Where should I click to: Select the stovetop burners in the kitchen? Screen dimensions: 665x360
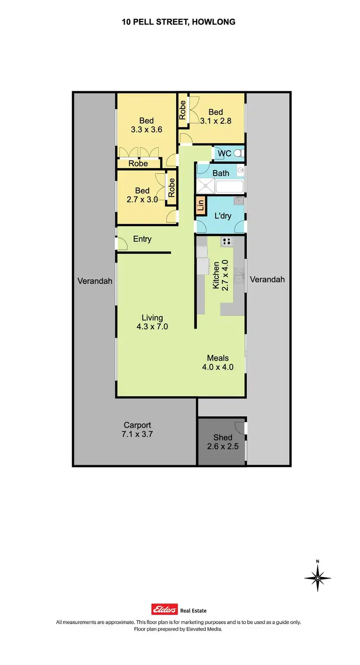(227, 241)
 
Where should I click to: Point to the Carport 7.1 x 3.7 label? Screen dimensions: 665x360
(137, 429)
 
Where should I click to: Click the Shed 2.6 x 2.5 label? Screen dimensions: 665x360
(223, 442)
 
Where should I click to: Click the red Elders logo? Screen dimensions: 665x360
(165, 609)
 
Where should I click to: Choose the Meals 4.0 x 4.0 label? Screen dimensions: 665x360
(217, 363)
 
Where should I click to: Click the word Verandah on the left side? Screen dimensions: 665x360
(95, 281)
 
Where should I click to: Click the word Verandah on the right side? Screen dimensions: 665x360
(267, 279)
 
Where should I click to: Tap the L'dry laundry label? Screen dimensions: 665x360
(223, 216)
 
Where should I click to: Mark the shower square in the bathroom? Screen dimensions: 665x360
(205, 186)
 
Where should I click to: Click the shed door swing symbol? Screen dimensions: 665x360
(239, 426)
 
